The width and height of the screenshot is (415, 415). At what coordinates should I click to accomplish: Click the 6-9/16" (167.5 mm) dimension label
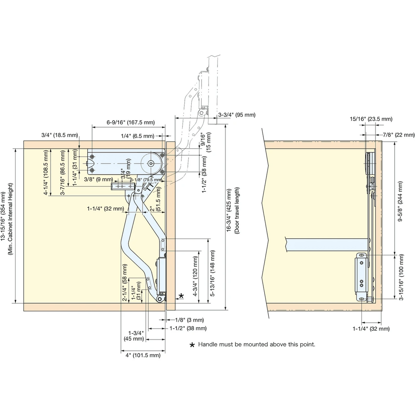pyautogui.click(x=131, y=122)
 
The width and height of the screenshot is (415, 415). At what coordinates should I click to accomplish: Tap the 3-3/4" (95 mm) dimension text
pyautogui.click(x=237, y=115)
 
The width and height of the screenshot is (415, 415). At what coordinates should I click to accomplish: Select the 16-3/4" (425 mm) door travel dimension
pyautogui.click(x=229, y=210)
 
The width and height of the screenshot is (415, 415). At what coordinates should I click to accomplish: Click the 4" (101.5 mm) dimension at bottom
pyautogui.click(x=143, y=355)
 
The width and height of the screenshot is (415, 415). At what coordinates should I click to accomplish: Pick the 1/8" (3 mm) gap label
pyautogui.click(x=190, y=320)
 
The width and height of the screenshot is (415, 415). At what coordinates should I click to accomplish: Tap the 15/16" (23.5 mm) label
pyautogui.click(x=371, y=119)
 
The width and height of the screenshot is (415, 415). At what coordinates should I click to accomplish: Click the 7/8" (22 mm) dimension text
pyautogui.click(x=399, y=135)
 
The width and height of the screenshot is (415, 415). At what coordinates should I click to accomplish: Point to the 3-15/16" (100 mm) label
pyautogui.click(x=401, y=277)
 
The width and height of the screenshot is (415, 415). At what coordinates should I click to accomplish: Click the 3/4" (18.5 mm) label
pyautogui.click(x=59, y=135)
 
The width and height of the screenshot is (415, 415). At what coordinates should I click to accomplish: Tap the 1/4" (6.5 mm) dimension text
pyautogui.click(x=138, y=136)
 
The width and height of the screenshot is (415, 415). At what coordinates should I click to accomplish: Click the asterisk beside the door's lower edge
pyautogui.click(x=181, y=296)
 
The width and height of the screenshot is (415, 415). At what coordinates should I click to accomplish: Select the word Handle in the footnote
pyautogui.click(x=207, y=344)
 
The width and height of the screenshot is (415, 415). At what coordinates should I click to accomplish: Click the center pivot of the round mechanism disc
pyautogui.click(x=151, y=164)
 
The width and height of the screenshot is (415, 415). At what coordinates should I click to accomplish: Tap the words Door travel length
pyautogui.click(x=237, y=210)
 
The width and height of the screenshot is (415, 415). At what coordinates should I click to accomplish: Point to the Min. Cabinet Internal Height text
pyautogui.click(x=11, y=219)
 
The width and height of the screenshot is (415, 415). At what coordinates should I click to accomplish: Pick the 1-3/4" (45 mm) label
pyautogui.click(x=134, y=336)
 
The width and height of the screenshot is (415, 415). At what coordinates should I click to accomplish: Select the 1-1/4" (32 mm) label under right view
pyautogui.click(x=371, y=329)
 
